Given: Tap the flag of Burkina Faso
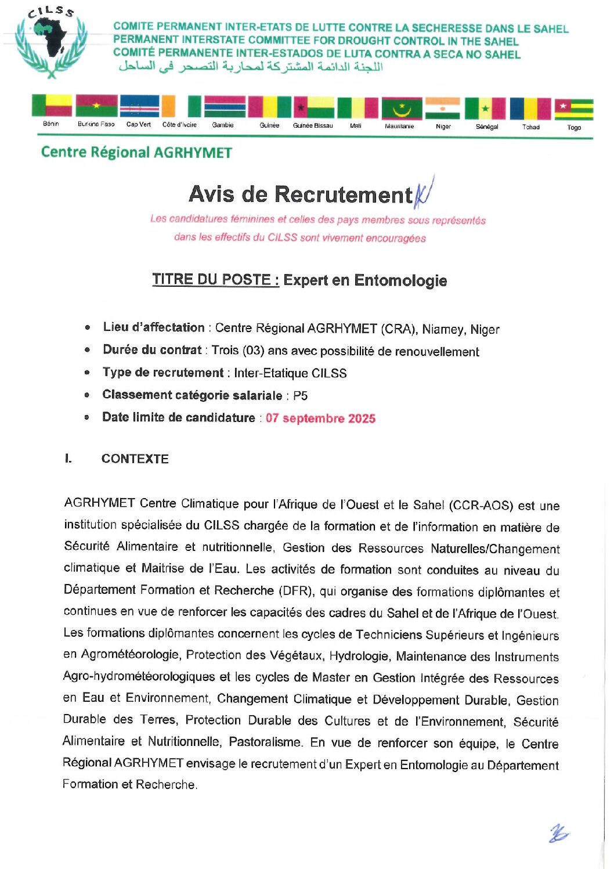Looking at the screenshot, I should point(96,106).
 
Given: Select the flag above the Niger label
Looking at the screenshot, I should point(442,108).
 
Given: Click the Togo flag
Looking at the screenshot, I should point(573,109).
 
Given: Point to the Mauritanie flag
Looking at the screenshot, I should point(402,108).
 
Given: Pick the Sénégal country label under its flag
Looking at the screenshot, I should point(487,127).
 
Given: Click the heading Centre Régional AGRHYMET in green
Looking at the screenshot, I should point(136,153).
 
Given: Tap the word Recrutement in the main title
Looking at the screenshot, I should point(343,194).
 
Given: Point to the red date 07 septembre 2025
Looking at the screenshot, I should point(320,419).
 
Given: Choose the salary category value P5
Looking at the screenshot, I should point(300,396).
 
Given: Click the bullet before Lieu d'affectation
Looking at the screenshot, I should point(88,327).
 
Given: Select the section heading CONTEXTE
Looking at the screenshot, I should point(135,459).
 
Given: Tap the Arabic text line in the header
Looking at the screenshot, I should point(251,66).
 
